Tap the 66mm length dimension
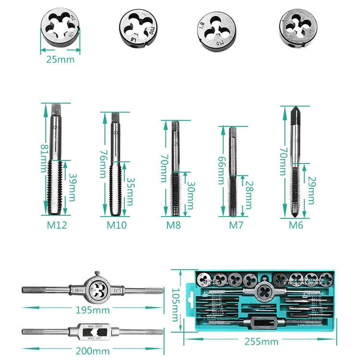pos(222,170)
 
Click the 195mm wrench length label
pos(92,310)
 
